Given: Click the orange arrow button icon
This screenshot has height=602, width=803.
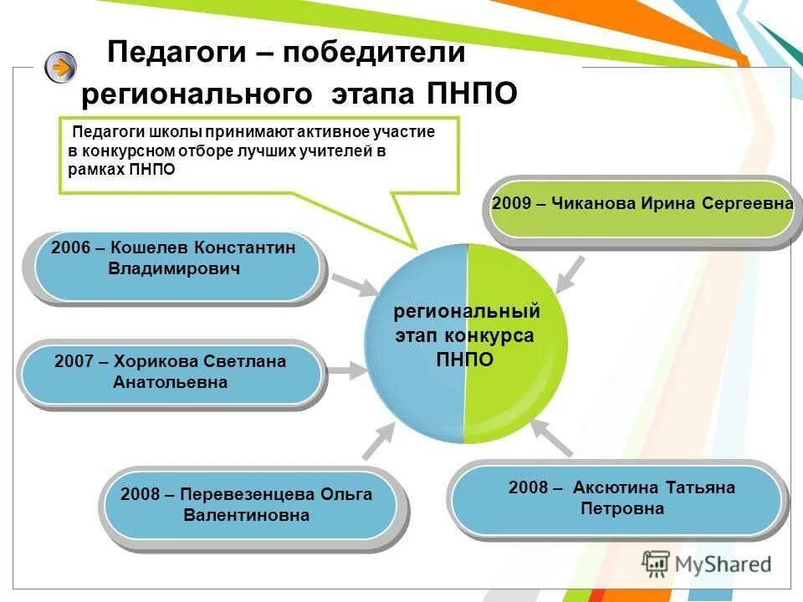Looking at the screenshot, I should (60, 66).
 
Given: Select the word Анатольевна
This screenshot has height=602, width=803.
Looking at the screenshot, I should (170, 382).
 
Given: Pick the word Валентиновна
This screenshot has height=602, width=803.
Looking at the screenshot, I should (246, 515).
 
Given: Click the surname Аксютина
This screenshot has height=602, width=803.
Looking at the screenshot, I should (615, 487).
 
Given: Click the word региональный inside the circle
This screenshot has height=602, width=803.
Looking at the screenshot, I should (467, 312).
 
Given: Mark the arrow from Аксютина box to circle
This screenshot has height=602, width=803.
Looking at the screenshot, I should (553, 437).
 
